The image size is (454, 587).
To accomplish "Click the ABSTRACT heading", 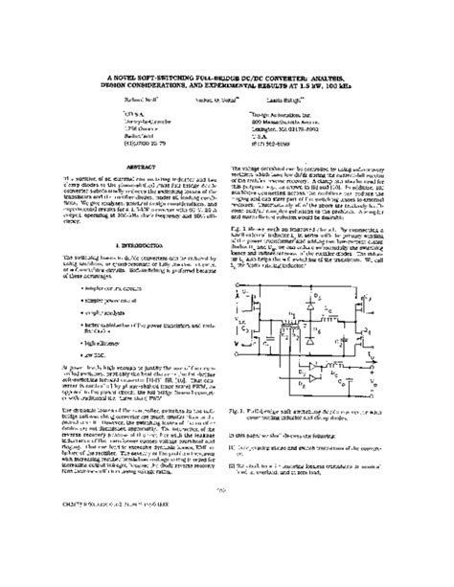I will point(138,165).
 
